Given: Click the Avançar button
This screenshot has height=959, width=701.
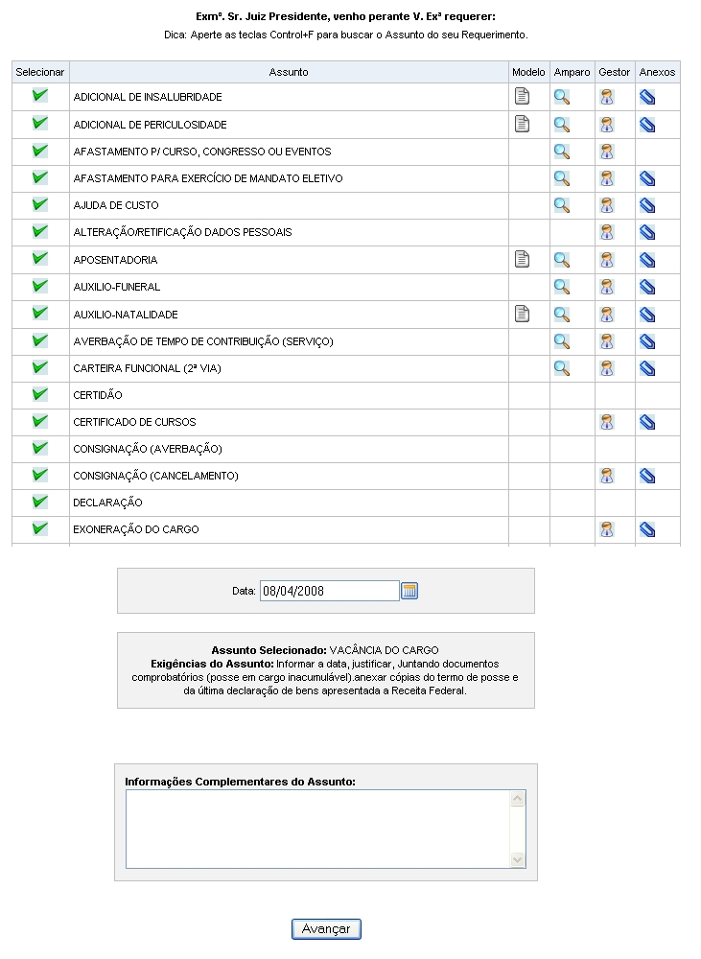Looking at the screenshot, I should (x=326, y=928).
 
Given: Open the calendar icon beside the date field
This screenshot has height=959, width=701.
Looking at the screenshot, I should (x=409, y=591).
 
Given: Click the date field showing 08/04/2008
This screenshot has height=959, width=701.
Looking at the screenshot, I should (x=329, y=591).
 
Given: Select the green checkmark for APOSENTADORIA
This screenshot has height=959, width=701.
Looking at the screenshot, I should (x=40, y=259).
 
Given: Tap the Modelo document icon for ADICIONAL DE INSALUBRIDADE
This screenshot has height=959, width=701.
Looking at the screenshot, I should (x=522, y=96).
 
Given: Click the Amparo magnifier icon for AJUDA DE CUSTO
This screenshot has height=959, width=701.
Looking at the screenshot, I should (x=562, y=205).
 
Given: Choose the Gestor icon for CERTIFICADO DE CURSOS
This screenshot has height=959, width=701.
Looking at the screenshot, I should (x=607, y=422).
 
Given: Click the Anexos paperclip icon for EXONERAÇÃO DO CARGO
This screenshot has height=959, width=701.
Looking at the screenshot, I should (x=647, y=529).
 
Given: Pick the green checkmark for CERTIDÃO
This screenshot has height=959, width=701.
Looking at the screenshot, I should (x=40, y=394).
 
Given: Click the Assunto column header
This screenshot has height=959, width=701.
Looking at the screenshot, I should (x=289, y=72).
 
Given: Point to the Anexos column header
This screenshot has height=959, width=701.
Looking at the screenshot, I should (x=657, y=72).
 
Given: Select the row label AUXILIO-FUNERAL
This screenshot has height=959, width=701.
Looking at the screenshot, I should (x=116, y=287).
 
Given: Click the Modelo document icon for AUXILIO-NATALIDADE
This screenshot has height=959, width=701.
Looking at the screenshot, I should (x=522, y=314).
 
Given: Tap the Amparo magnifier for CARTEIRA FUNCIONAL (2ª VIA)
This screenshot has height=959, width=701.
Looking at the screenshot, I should (x=562, y=367).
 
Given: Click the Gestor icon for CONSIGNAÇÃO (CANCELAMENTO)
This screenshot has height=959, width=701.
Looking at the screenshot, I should (x=607, y=476).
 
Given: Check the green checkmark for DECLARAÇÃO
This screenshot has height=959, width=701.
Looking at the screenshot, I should (x=40, y=502).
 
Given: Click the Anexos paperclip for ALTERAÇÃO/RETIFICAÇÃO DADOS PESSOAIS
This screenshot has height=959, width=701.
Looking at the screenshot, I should (x=647, y=232).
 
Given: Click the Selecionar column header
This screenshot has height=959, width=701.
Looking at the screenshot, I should (x=40, y=72).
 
